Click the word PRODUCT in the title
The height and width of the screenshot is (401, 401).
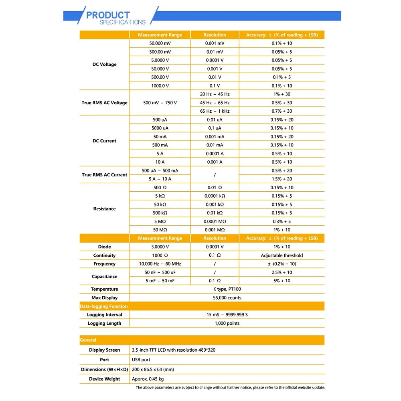pyautogui.click(x=108, y=15)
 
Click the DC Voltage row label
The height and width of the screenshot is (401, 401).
pyautogui.click(x=104, y=65)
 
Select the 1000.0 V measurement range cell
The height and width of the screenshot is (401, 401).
pyautogui.click(x=160, y=86)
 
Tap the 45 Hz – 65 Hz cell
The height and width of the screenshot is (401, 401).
pyautogui.click(x=215, y=103)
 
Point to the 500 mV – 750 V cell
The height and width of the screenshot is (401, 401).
pyautogui.click(x=160, y=103)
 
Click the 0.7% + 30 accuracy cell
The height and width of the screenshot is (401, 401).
pyautogui.click(x=282, y=111)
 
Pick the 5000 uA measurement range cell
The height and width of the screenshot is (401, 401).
pyautogui.click(x=160, y=128)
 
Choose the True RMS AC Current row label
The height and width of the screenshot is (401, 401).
pyautogui.click(x=104, y=175)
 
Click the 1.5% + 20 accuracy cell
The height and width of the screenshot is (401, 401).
pyautogui.click(x=282, y=179)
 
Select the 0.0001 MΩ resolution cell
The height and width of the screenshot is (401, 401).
pyautogui.click(x=215, y=221)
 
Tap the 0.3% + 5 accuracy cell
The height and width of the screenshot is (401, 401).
pyautogui.click(x=282, y=221)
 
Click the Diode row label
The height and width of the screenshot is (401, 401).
pyautogui.click(x=104, y=247)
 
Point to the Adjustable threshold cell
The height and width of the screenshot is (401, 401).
pyautogui.click(x=282, y=255)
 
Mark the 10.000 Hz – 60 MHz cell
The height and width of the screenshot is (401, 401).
pyautogui.click(x=160, y=264)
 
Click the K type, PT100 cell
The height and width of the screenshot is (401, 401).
pyautogui.click(x=227, y=289)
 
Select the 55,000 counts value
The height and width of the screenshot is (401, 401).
pyautogui.click(x=227, y=298)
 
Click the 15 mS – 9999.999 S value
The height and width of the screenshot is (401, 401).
pyautogui.click(x=227, y=315)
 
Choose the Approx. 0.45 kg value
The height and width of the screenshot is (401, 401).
pyautogui.click(x=148, y=379)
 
